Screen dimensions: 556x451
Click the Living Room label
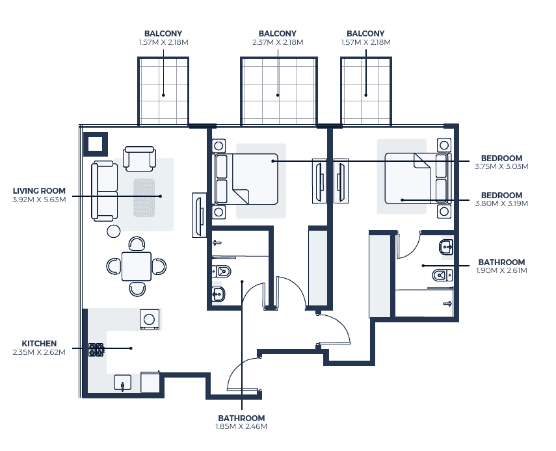pos(39,191)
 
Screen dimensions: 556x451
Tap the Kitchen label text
pos(39,344)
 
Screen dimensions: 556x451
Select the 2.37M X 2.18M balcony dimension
pos(278,42)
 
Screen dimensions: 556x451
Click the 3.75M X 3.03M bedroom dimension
pos(501,166)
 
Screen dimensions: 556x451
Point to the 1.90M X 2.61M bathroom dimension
pos(501,271)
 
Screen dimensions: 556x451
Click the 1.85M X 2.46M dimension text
pos(241,426)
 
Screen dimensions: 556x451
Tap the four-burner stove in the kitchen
pos(96,350)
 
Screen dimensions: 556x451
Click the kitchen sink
pos(122,383)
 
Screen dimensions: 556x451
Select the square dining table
pos(137,266)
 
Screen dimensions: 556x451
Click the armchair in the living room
pos(139,159)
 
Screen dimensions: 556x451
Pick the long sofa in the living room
pos(104,190)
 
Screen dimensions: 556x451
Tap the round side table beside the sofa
pos(113,231)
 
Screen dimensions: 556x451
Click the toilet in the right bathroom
pos(442,275)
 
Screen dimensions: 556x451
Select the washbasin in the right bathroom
pos(446,247)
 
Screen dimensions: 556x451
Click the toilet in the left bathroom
pos(221,272)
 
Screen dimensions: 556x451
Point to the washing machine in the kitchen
pos(149,320)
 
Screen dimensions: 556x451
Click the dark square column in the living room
pos(95,144)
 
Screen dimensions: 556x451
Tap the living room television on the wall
pos(199,215)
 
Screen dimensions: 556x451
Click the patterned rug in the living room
pos(144,198)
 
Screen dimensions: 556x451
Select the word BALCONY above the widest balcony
pos(277,34)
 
